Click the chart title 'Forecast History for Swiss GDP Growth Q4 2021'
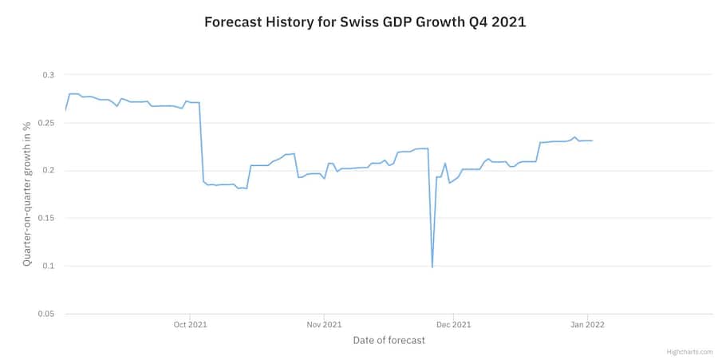[365, 22]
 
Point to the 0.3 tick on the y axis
[49, 75]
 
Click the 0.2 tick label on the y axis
[49, 171]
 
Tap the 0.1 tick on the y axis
[49, 266]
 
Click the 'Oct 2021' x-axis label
[190, 325]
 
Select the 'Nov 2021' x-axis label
[324, 325]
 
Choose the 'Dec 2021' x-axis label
[454, 325]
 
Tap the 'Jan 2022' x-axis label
[588, 325]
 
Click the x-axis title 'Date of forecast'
[389, 341]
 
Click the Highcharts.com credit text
[690, 352]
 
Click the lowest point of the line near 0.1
[432, 267]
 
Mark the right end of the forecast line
[592, 140]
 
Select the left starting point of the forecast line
[65, 109]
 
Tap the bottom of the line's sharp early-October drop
[204, 182]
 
